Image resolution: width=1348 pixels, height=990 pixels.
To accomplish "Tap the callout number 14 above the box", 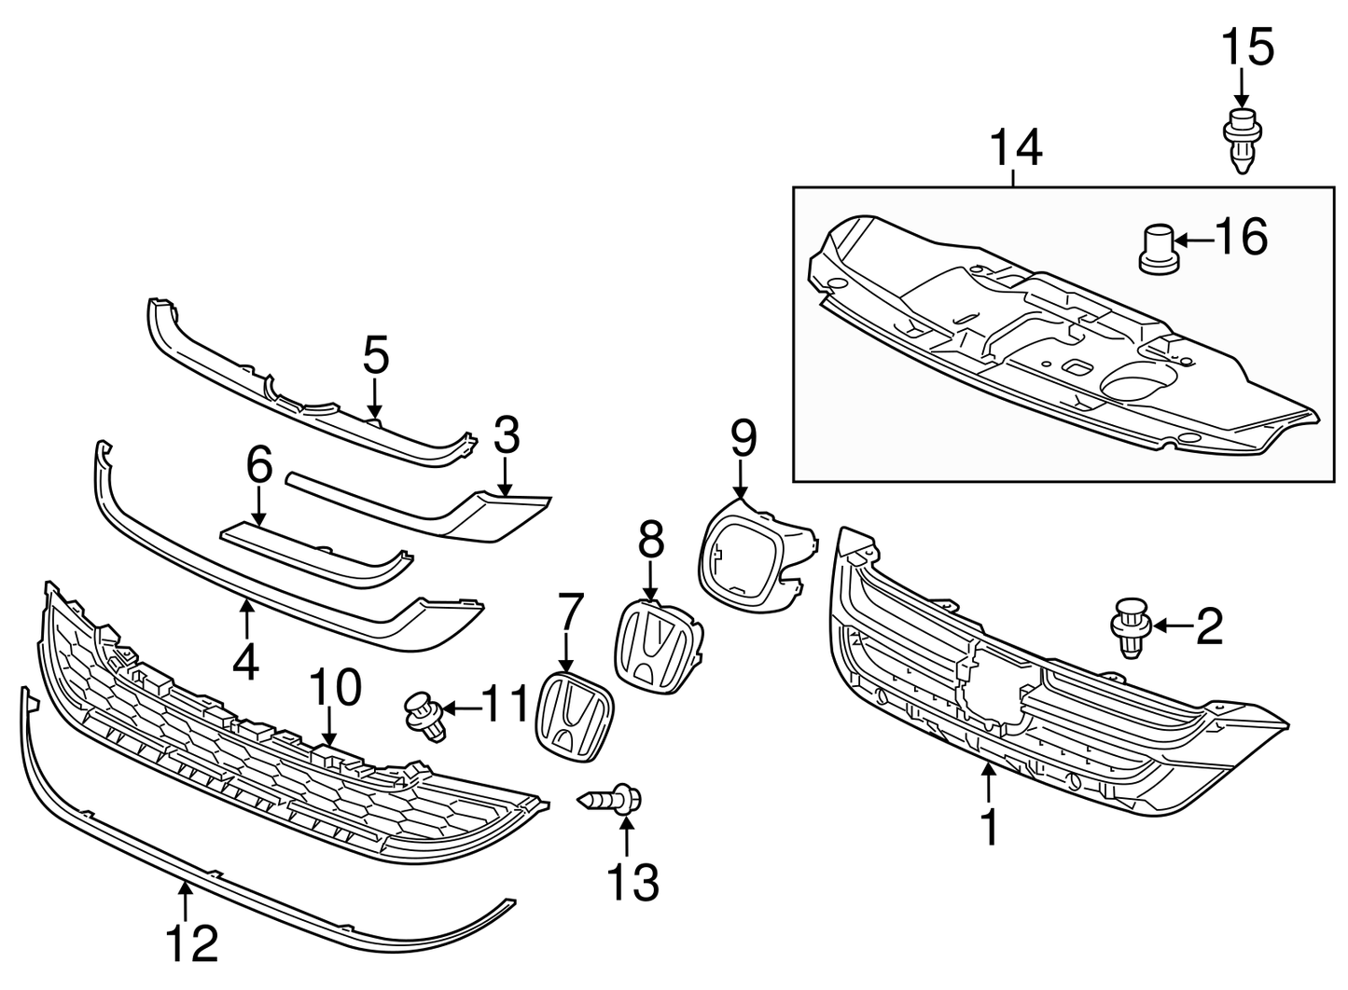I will click(x=1015, y=149).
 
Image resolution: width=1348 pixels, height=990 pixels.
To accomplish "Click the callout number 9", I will click(x=743, y=439).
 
